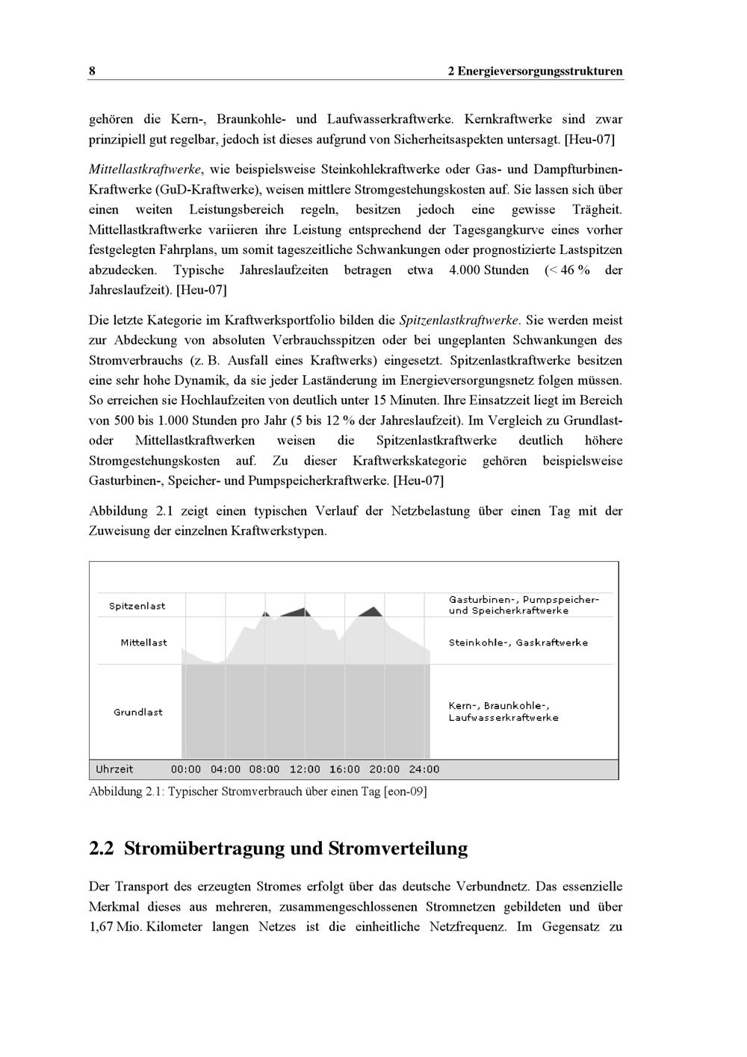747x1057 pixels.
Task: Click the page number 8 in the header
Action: [x=92, y=72]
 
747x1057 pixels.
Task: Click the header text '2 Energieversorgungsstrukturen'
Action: [x=535, y=72]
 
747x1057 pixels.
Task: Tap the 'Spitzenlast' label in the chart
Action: [x=137, y=606]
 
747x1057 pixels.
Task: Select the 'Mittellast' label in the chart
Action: [x=143, y=642]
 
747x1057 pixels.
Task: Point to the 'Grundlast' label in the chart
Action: [x=138, y=712]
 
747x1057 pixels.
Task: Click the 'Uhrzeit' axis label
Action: [x=114, y=769]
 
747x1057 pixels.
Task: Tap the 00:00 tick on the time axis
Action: [x=186, y=769]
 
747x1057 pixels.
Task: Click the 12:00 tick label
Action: [x=305, y=769]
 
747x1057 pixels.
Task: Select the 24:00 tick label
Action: [x=424, y=769]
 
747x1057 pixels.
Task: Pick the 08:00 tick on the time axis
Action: [x=264, y=769]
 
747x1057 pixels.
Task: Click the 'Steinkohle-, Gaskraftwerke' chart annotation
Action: [x=518, y=642]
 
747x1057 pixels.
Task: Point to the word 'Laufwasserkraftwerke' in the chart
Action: [x=503, y=718]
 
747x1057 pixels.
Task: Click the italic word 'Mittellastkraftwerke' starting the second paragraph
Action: [x=145, y=170]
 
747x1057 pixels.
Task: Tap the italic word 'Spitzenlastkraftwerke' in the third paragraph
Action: [x=459, y=320]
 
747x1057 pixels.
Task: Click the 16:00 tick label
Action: [x=344, y=769]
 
